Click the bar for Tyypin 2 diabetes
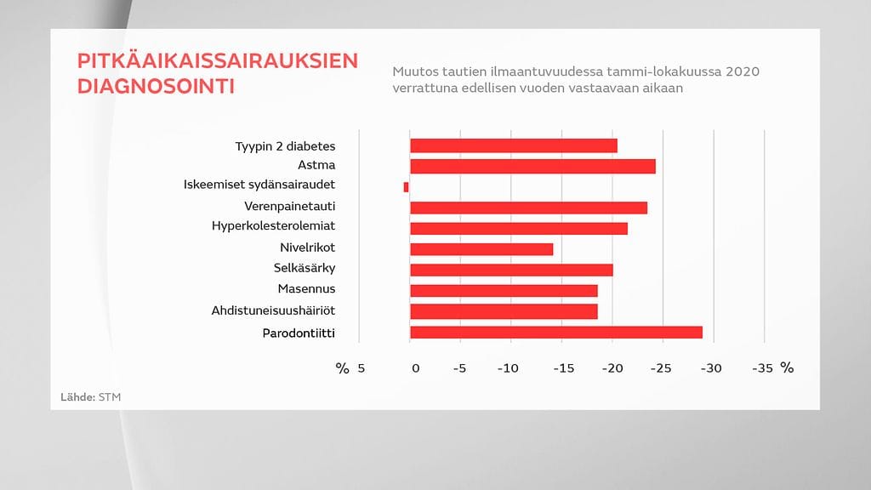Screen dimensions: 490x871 513,145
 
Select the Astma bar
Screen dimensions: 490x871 532,166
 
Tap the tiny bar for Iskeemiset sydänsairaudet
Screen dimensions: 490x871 407,186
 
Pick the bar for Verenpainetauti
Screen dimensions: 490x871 528,208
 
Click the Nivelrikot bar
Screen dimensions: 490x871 481,249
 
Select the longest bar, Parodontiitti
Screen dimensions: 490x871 556,332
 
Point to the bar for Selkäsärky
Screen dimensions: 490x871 511,270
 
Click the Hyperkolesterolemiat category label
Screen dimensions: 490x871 273,226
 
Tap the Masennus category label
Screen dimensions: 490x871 306,289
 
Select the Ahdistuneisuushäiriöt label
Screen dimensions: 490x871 273,311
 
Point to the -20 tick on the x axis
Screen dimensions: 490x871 612,368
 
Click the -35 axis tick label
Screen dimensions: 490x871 762,368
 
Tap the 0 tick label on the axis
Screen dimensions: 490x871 416,368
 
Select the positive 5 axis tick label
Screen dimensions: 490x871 361,368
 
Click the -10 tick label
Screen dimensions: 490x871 508,368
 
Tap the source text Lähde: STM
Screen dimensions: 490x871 85,397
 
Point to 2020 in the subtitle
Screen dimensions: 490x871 743,71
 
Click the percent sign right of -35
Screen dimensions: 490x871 787,368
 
